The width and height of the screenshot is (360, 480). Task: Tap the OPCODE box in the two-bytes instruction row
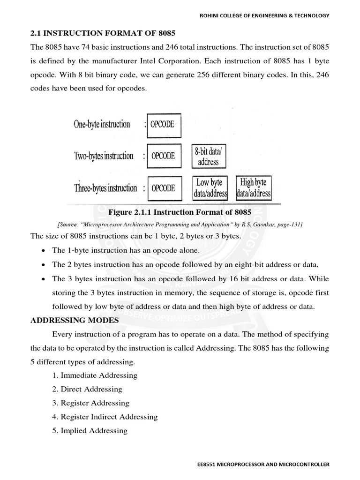[164, 156]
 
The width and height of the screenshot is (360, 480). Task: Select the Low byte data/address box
[210, 187]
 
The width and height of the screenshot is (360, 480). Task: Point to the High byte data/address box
[254, 187]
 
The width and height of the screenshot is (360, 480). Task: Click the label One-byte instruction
[102, 125]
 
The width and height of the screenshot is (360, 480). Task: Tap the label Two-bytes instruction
[103, 156]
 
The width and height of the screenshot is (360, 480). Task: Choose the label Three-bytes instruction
[105, 188]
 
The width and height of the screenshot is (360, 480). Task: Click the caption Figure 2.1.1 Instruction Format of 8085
[180, 212]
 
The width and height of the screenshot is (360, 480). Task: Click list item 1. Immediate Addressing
[95, 375]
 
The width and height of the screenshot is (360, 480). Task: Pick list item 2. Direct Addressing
[87, 389]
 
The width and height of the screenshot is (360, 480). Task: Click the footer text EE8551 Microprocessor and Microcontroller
[263, 465]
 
